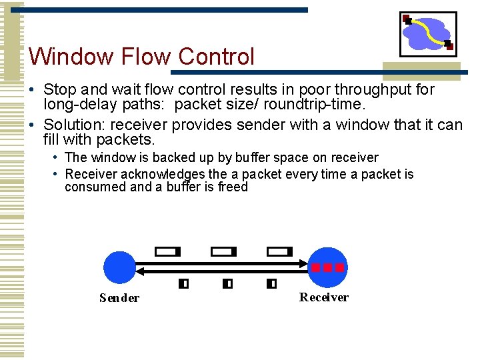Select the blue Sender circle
(x=120, y=267)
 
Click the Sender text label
(x=119, y=298)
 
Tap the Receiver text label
(x=324, y=297)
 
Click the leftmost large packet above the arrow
(x=167, y=252)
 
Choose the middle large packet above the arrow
(x=223, y=252)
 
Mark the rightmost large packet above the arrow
(x=279, y=252)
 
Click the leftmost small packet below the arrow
(x=183, y=283)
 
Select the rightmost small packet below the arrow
(x=271, y=283)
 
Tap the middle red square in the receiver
(x=327, y=267)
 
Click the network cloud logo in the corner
(x=428, y=33)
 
